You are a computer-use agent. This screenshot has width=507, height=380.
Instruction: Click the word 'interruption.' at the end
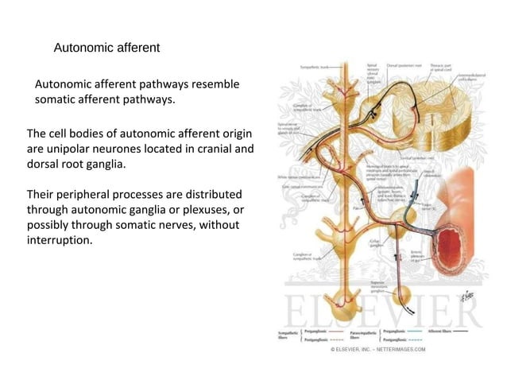tap(60, 240)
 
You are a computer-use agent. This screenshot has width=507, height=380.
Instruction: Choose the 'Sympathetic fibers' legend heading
tap(288, 333)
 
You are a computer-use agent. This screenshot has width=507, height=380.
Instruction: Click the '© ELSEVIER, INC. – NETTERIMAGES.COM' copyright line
tap(378, 348)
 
